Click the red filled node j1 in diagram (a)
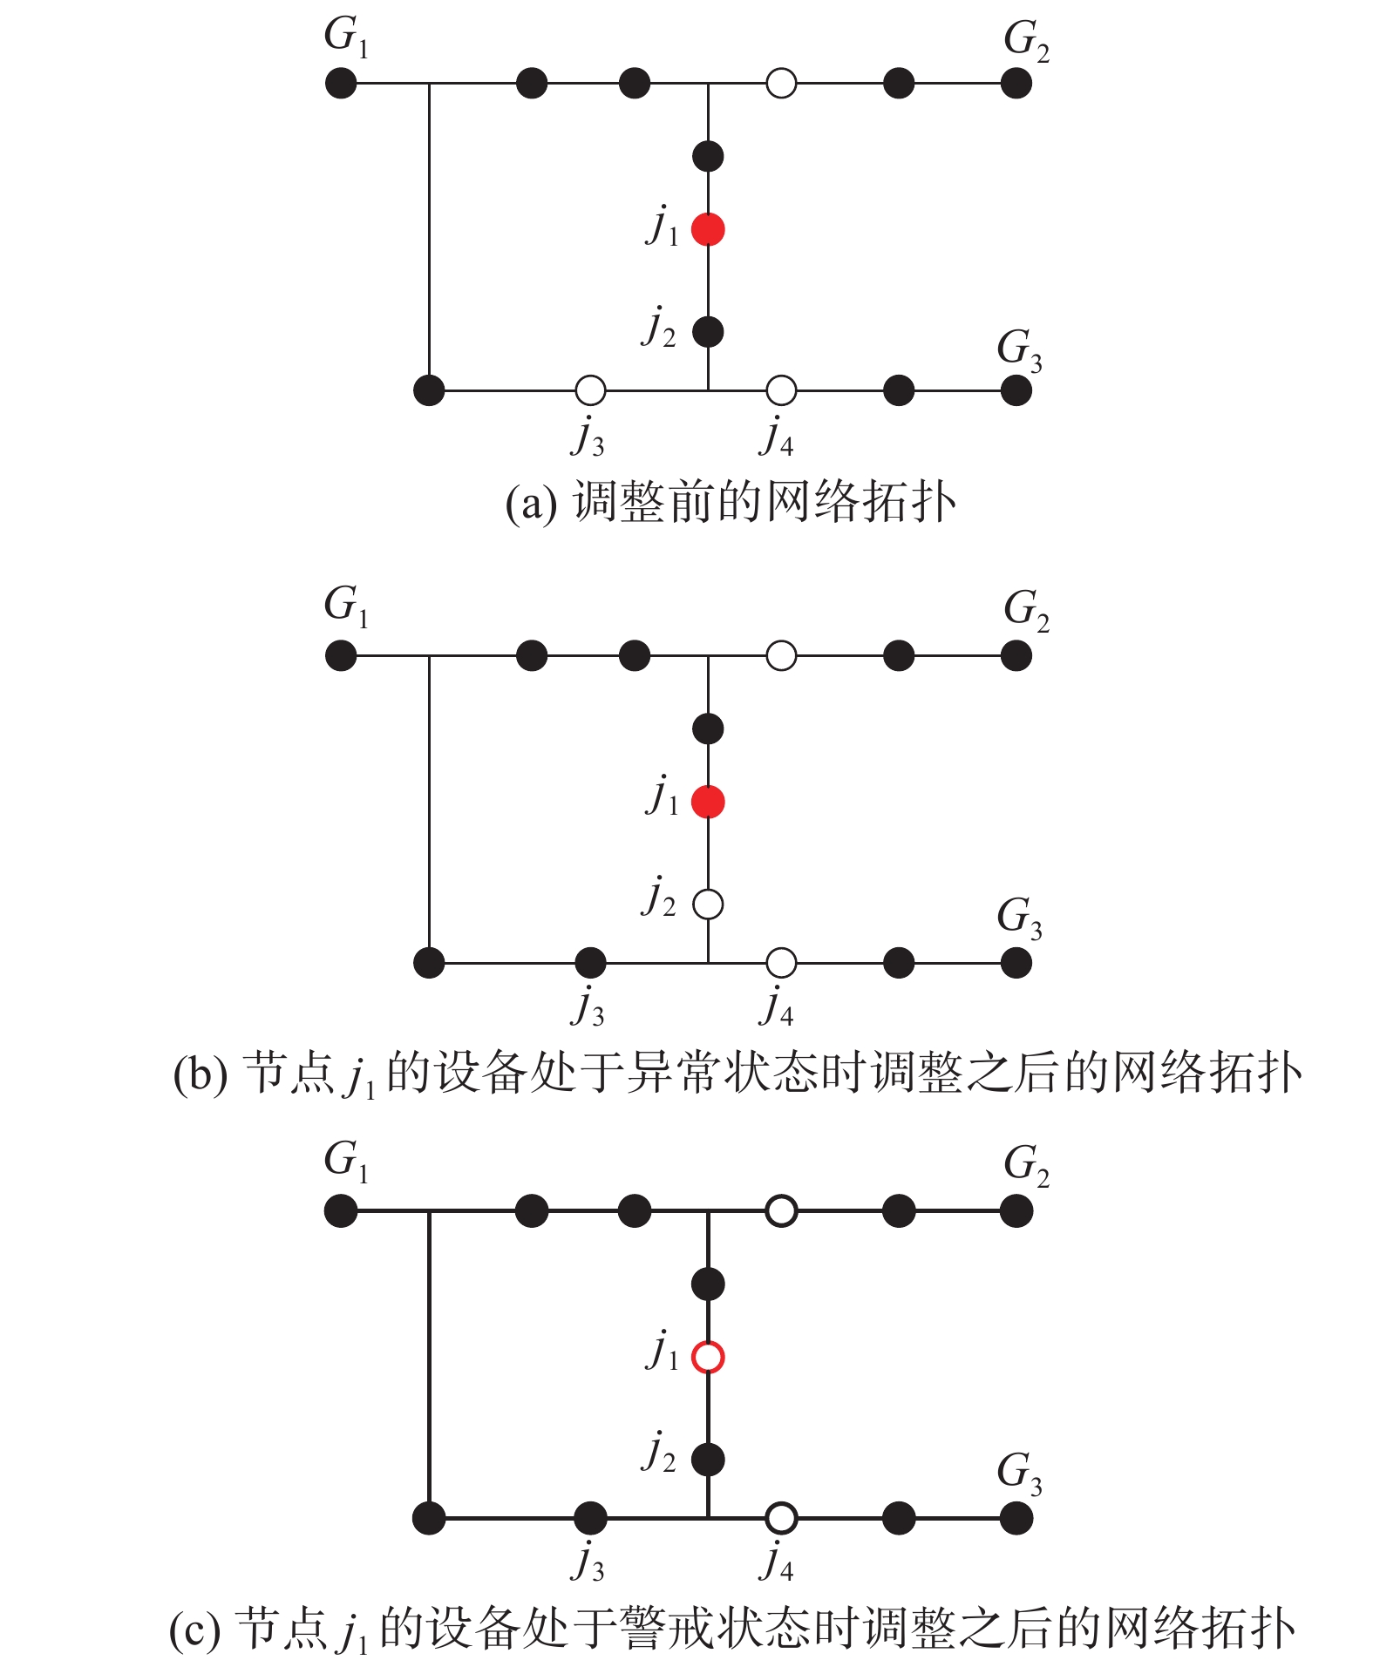click(708, 229)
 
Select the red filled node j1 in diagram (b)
click(708, 802)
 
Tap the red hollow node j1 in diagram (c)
click(708, 1357)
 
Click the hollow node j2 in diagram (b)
click(708, 905)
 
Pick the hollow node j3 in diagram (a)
click(590, 390)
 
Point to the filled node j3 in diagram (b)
click(590, 963)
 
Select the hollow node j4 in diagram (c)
click(781, 1518)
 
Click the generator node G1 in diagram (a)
click(340, 84)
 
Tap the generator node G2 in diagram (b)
click(1016, 655)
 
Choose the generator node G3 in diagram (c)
click(1016, 1518)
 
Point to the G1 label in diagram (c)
click(346, 1162)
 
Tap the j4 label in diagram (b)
click(776, 1008)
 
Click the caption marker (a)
click(531, 505)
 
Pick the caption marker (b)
click(200, 1074)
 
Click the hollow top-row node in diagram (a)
click(781, 84)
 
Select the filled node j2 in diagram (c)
click(708, 1459)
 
